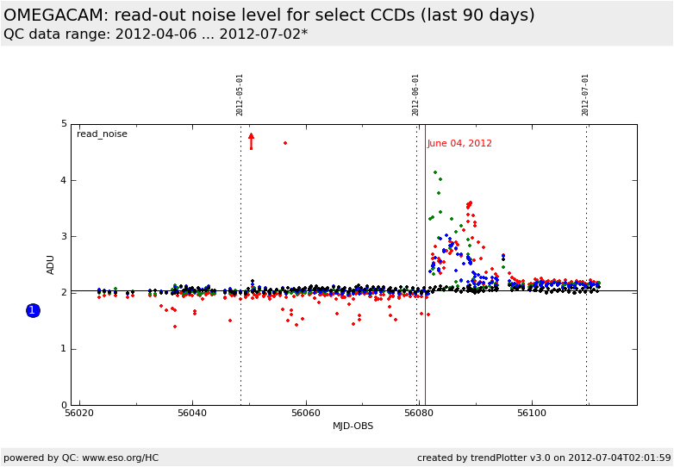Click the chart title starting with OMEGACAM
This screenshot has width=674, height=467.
click(269, 16)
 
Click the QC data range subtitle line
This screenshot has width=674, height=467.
click(155, 34)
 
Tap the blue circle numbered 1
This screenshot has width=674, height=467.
click(33, 310)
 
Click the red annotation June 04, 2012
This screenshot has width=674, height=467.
click(459, 144)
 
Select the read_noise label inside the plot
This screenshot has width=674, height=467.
click(102, 134)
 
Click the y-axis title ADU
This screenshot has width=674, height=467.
click(51, 265)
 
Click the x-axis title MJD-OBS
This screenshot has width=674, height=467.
click(353, 427)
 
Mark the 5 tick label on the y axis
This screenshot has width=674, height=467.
click(64, 124)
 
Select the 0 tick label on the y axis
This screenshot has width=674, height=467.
click(64, 405)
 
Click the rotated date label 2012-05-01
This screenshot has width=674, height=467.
click(240, 95)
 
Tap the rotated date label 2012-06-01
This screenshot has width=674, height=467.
click(416, 95)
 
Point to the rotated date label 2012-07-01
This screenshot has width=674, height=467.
click(586, 95)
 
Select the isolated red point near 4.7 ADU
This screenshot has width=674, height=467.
click(285, 143)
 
